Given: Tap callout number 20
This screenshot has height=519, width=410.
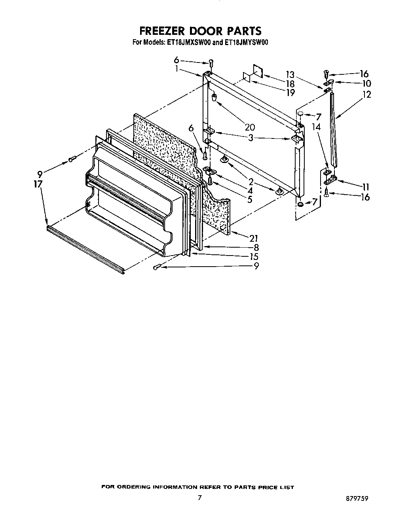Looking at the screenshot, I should click(250, 127).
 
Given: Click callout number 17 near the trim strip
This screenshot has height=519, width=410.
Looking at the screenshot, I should click(38, 184).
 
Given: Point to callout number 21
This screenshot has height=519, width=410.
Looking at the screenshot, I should click(254, 238).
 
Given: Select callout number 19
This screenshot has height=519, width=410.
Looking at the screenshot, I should click(290, 93).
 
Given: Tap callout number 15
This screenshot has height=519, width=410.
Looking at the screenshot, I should click(254, 256).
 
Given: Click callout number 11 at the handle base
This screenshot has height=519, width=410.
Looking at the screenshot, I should click(365, 186).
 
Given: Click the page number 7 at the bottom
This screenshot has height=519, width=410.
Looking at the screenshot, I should click(200, 497).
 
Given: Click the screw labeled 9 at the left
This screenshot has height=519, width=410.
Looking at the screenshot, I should click(72, 159).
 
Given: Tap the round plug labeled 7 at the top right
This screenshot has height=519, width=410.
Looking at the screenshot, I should click(300, 114).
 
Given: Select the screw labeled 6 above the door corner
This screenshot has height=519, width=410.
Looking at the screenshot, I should click(211, 63).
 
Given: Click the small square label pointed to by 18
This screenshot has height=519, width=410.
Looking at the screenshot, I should click(258, 70).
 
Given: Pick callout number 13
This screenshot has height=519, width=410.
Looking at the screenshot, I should click(290, 74).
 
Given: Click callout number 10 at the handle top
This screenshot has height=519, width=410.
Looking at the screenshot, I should click(366, 83).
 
